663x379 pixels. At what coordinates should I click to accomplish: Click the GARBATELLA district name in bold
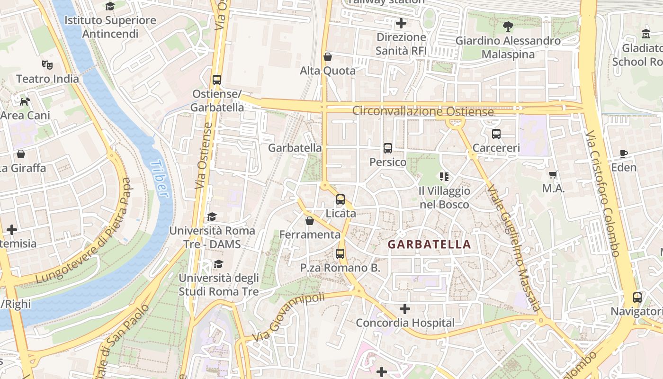(x=429, y=244)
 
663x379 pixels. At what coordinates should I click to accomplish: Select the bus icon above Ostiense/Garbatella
(x=217, y=80)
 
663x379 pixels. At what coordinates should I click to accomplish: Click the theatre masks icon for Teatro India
(x=47, y=64)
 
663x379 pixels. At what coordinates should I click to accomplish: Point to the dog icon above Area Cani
(x=25, y=101)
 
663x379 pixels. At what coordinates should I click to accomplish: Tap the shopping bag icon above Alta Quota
(x=327, y=57)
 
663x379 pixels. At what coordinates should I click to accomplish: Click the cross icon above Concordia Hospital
(x=404, y=309)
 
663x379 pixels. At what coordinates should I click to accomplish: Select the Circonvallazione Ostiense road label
(x=423, y=112)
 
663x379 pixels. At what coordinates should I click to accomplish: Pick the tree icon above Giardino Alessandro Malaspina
(x=508, y=27)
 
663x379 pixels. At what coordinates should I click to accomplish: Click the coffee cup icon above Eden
(x=624, y=153)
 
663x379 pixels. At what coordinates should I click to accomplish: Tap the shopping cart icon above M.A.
(x=553, y=175)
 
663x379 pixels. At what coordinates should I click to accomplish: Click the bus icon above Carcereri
(x=496, y=134)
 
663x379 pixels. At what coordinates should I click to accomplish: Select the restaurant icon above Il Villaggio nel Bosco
(x=444, y=177)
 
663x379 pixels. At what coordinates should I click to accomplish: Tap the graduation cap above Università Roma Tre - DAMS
(x=212, y=217)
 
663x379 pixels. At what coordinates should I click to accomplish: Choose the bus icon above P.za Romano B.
(x=340, y=253)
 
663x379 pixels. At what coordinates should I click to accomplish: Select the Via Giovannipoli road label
(x=288, y=317)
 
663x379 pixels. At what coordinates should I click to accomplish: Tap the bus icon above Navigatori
(x=637, y=298)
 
